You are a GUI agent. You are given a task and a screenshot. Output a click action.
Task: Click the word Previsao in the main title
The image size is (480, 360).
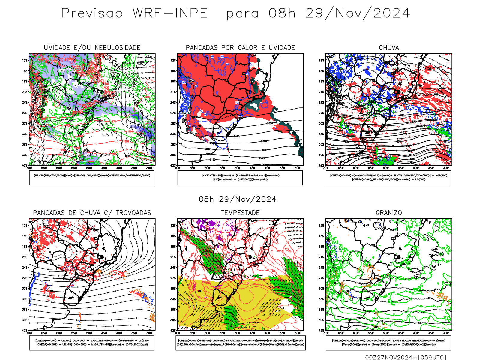pyautogui.click(x=92, y=13)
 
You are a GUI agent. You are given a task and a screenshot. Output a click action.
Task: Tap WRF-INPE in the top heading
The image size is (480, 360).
pyautogui.click(x=170, y=13)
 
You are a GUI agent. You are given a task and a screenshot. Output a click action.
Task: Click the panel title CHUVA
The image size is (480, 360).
pyautogui.click(x=389, y=48)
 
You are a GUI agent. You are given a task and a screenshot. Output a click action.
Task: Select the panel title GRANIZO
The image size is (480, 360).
pyautogui.click(x=389, y=213)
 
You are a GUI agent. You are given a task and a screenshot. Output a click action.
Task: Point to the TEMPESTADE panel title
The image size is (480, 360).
pyautogui.click(x=240, y=213)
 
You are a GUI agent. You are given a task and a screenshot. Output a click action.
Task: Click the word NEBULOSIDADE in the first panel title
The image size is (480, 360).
pyautogui.click(x=118, y=48)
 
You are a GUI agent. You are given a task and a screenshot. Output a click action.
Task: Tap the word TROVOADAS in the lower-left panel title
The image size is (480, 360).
pyautogui.click(x=133, y=213)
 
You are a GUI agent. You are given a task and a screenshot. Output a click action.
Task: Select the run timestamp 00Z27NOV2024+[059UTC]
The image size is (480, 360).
pyautogui.click(x=406, y=357)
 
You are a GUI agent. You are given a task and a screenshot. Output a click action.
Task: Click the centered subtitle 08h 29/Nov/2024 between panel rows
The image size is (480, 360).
pyautogui.click(x=238, y=199)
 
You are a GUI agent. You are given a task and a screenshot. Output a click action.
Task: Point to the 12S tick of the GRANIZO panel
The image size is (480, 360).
pyautogui.click(x=321, y=226)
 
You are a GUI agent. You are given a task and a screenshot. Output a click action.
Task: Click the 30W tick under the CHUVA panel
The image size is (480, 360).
pyautogui.click(x=446, y=168)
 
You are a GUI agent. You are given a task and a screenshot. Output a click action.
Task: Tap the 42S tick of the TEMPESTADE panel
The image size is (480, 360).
pyautogui.click(x=173, y=331)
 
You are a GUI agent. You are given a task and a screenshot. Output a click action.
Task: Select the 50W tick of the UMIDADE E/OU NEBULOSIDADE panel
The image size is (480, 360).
pyautogui.click(x=89, y=168)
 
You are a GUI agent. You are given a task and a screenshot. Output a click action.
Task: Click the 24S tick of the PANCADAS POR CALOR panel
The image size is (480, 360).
pyautogui.click(x=173, y=102)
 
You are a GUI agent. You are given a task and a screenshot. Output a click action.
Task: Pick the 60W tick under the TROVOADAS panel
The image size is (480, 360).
pyautogui.click(x=59, y=333)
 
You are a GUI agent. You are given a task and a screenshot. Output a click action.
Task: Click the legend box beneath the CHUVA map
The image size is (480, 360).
pyautogui.click(x=388, y=178)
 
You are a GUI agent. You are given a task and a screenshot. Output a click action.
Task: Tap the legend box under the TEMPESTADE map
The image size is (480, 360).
pyautogui.click(x=240, y=343)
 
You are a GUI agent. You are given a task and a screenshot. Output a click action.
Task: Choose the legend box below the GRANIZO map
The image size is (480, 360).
pyautogui.click(x=388, y=343)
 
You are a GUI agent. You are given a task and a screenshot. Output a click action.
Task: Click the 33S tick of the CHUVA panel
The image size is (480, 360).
pyautogui.click(x=321, y=134)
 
